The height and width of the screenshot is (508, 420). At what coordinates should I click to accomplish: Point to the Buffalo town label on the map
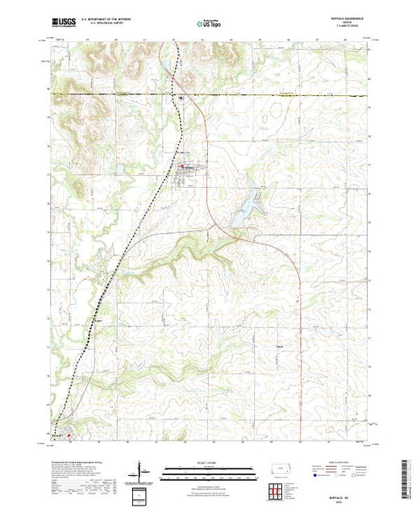[186, 168]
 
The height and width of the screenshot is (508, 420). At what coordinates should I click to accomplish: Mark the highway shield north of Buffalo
[181, 99]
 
